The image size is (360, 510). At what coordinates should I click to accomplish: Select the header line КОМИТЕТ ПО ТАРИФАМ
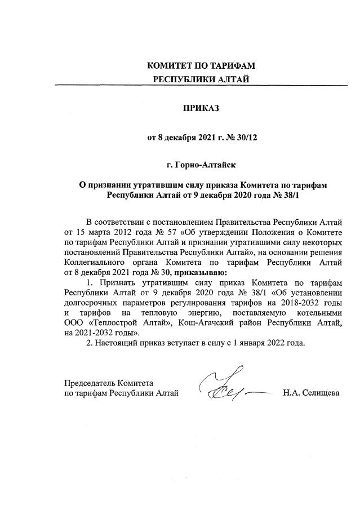202,66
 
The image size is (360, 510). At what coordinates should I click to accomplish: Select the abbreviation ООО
74,322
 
